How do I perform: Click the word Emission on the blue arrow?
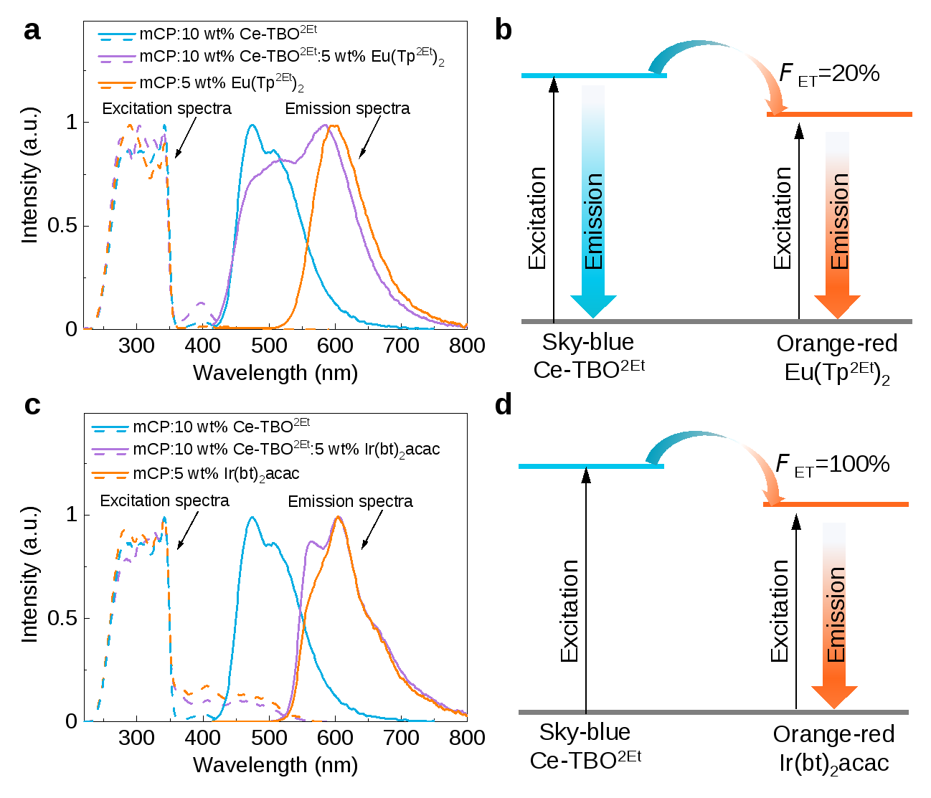594,222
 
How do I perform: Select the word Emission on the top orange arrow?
838,222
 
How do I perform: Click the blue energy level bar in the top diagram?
594,75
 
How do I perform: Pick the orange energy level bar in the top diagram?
839,114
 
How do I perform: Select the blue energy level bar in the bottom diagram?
590,467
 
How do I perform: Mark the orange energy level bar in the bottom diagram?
836,505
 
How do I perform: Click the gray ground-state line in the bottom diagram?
713,712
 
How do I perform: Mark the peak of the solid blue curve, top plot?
252,125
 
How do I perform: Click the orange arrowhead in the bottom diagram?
834,696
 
